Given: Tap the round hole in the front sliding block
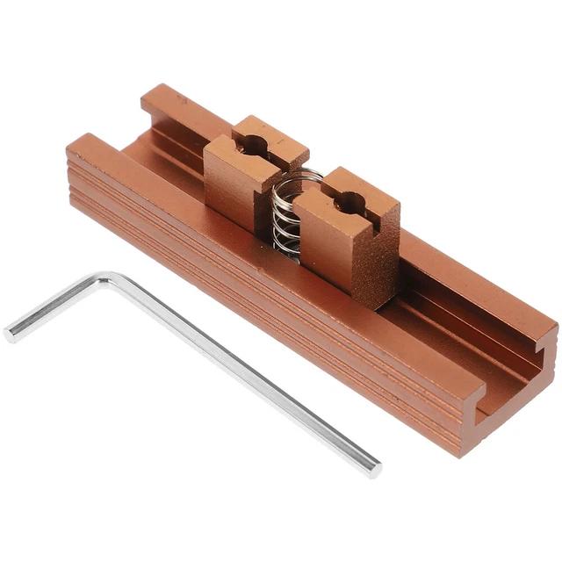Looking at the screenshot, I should (x=348, y=199).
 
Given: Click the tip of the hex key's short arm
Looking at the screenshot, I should (x=11, y=333).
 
